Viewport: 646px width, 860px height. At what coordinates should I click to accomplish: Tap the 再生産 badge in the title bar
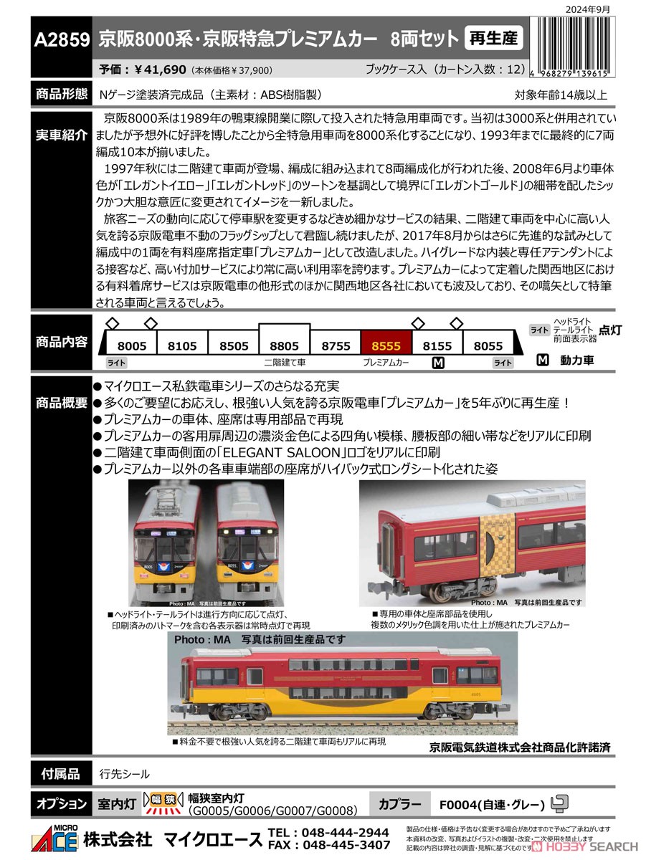(x=493, y=38)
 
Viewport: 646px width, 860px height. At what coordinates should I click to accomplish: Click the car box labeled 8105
(x=182, y=345)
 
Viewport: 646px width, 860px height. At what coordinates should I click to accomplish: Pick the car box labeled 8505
(x=234, y=345)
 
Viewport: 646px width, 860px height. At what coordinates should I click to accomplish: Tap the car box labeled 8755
(x=336, y=345)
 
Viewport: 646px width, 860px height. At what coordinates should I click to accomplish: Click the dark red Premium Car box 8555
(x=386, y=345)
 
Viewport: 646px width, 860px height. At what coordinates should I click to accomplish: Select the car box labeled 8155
(x=437, y=345)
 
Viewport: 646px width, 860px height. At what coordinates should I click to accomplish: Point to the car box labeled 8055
(x=488, y=345)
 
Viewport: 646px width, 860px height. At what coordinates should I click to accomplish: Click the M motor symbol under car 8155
(x=438, y=363)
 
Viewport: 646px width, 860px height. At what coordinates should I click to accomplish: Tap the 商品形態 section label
(x=62, y=94)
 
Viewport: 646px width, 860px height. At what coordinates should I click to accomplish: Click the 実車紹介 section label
(x=62, y=135)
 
